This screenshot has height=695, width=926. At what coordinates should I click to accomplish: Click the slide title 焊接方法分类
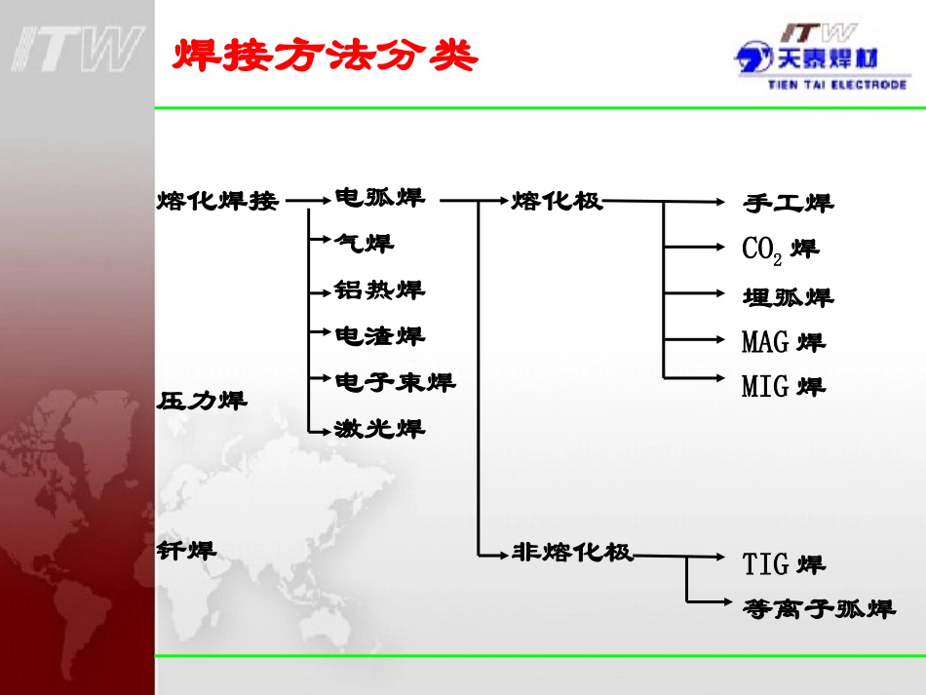click(x=326, y=57)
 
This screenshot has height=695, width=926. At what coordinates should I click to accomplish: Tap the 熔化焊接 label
click(x=217, y=201)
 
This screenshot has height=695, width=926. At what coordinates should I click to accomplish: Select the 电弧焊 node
click(x=379, y=197)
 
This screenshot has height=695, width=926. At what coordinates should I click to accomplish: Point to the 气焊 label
click(x=365, y=243)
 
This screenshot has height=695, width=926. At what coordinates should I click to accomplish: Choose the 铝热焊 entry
click(x=379, y=290)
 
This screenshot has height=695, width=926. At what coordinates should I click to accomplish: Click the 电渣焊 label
click(x=379, y=336)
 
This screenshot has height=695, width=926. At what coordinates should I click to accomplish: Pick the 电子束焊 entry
click(x=395, y=381)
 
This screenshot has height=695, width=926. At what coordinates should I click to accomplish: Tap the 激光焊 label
click(x=379, y=428)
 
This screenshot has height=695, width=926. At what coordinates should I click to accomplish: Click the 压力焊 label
click(x=202, y=400)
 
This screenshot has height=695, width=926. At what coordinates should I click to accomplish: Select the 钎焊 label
click(x=186, y=550)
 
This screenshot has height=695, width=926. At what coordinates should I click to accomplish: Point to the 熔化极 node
click(x=557, y=201)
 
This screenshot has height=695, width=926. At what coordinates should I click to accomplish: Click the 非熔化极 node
click(x=572, y=553)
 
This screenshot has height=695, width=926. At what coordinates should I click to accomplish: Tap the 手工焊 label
click(x=788, y=203)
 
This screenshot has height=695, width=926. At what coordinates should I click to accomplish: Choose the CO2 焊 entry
click(x=780, y=250)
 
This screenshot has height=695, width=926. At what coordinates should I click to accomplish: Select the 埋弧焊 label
click(x=788, y=296)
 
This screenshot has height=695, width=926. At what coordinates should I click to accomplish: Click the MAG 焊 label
click(x=783, y=342)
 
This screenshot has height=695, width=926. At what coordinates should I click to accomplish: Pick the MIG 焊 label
click(x=783, y=387)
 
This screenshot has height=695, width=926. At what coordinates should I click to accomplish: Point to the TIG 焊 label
click(x=783, y=563)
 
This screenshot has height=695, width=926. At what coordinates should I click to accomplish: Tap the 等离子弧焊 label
click(x=818, y=609)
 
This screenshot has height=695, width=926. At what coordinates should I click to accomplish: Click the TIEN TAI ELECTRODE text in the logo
click(x=836, y=85)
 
